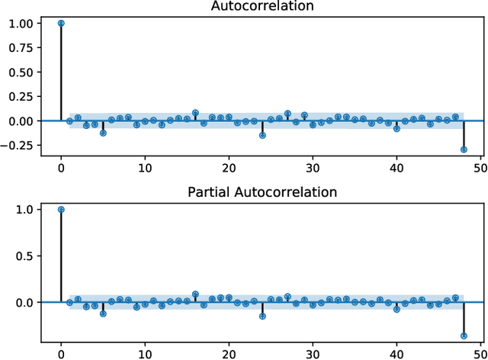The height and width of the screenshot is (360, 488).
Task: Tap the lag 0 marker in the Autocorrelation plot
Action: (61, 23)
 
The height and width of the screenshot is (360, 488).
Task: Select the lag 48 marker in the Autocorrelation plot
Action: (464, 149)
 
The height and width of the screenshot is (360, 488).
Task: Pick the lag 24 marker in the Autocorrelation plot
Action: (262, 135)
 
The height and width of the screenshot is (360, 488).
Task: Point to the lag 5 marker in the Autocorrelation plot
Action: (103, 133)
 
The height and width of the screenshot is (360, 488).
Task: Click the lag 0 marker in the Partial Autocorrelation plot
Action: (61, 209)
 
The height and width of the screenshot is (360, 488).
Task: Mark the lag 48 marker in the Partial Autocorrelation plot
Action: (464, 336)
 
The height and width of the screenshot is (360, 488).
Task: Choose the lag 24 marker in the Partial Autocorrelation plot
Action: (262, 316)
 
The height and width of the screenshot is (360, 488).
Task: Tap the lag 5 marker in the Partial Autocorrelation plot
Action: (103, 313)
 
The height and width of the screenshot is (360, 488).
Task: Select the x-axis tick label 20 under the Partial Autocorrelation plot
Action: (229, 353)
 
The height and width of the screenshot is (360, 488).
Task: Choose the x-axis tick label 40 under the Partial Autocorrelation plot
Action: (396, 353)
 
